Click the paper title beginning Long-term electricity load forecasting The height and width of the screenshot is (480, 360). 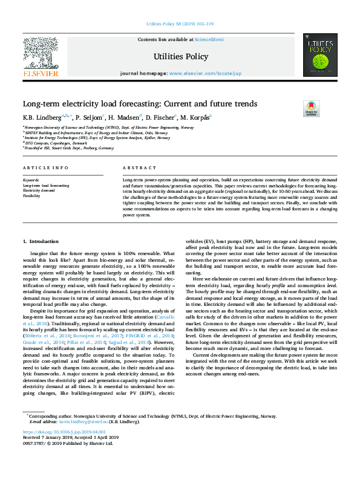(x=140, y=104)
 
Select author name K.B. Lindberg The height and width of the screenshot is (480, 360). (x=39, y=117)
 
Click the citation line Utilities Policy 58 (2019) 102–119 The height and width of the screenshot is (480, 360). (x=180, y=24)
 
